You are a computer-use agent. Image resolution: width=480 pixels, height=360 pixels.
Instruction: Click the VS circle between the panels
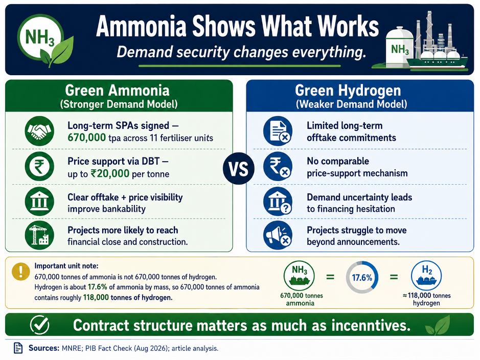(x=239, y=169)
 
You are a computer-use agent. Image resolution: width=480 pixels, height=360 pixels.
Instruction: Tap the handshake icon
(x=39, y=131)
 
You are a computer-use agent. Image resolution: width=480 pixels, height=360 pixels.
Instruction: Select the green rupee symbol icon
(x=39, y=167)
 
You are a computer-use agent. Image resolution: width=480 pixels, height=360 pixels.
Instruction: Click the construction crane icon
(x=39, y=235)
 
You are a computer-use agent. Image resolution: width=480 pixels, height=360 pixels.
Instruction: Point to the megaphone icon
(x=278, y=235)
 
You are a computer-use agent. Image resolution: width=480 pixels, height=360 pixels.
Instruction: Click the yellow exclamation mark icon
(x=21, y=271)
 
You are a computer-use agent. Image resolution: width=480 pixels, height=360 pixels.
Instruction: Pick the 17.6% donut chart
(x=362, y=277)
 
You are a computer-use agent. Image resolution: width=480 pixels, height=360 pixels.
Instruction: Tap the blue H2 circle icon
(x=426, y=276)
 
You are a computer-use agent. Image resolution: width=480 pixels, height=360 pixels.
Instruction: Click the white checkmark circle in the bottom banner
(x=40, y=325)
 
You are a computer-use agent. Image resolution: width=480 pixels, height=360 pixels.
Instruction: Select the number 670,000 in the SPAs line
(x=86, y=138)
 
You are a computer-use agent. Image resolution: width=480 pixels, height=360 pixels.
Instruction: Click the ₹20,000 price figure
(x=110, y=173)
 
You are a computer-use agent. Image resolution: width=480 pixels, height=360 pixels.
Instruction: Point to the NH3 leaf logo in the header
(x=45, y=40)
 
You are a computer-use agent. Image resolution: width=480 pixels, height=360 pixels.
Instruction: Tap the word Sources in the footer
(x=44, y=348)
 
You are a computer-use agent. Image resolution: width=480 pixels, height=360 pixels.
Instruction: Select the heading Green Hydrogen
(x=348, y=91)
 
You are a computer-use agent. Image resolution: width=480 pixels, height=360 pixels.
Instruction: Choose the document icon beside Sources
(x=18, y=348)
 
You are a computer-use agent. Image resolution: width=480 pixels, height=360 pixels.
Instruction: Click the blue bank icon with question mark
(x=278, y=201)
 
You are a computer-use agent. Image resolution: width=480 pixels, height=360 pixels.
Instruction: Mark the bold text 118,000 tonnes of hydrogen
(x=128, y=297)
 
